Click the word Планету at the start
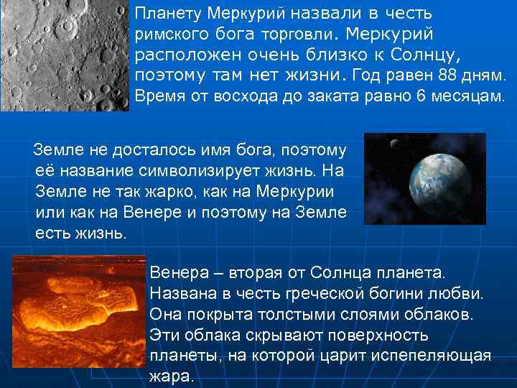(167, 14)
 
